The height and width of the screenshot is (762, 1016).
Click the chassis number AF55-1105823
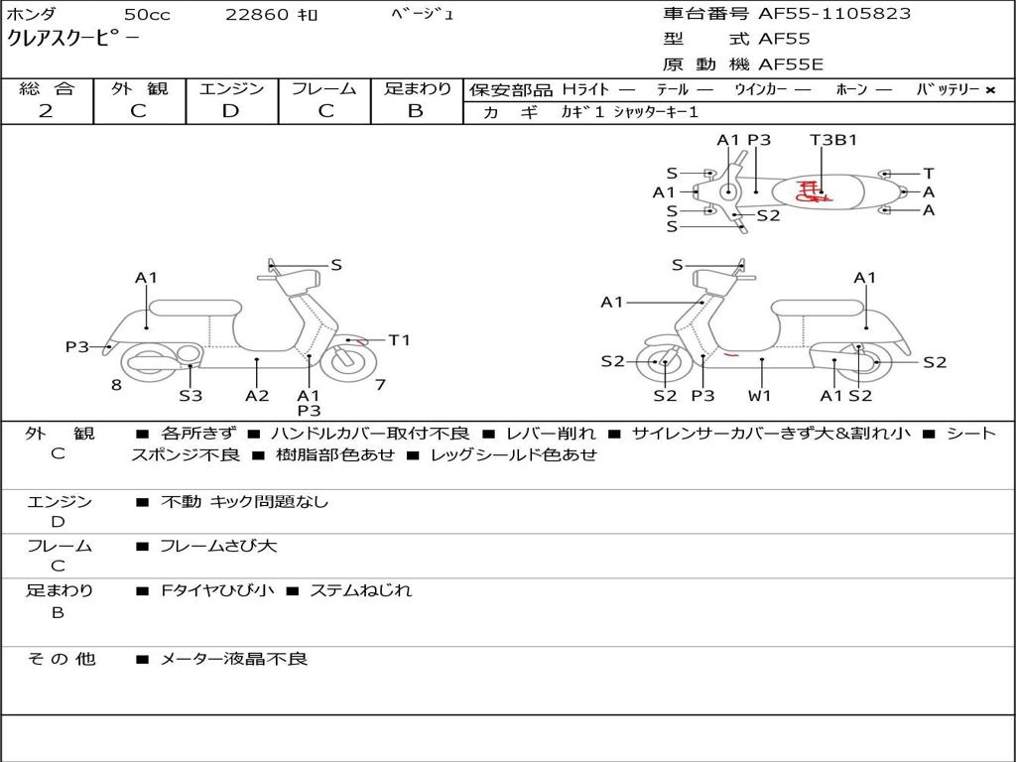(x=820, y=14)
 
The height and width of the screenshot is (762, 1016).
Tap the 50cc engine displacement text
(x=146, y=15)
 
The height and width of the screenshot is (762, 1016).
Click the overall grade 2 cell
(x=47, y=111)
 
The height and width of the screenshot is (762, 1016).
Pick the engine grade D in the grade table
(x=231, y=111)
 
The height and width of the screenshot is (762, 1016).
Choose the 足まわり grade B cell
(x=416, y=111)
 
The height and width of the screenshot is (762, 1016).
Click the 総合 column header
(x=47, y=89)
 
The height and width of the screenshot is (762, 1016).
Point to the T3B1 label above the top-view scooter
(x=833, y=140)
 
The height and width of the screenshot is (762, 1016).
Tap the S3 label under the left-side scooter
(x=190, y=396)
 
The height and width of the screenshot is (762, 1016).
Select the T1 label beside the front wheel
(x=399, y=340)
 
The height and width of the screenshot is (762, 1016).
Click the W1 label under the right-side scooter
(x=760, y=396)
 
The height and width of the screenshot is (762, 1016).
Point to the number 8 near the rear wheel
(x=116, y=385)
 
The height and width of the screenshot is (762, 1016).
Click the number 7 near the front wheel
(x=380, y=385)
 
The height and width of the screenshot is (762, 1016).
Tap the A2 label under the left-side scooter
(x=257, y=396)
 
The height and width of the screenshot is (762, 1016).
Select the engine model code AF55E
(x=791, y=64)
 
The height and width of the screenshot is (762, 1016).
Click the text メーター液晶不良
(x=234, y=659)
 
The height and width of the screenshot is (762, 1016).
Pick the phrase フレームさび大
(x=218, y=546)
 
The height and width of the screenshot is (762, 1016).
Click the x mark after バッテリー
(x=990, y=90)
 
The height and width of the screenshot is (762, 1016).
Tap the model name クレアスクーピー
(x=73, y=40)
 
